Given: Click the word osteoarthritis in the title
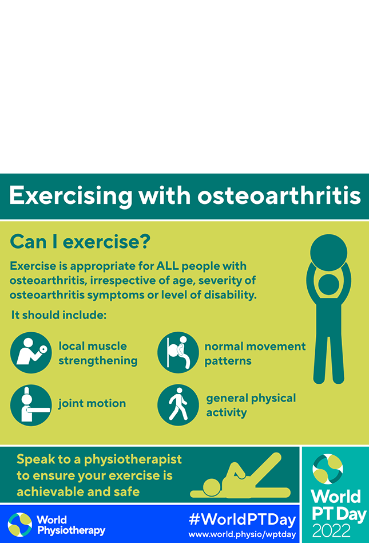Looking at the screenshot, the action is [x=279, y=195].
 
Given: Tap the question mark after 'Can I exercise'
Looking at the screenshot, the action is [x=145, y=241].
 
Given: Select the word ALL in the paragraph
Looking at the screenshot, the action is [x=168, y=266].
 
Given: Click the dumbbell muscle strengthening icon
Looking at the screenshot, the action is [x=31, y=352].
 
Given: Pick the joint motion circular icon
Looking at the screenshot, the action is [x=31, y=405].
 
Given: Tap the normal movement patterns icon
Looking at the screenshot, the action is [x=178, y=352].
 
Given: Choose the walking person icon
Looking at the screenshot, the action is [x=178, y=405].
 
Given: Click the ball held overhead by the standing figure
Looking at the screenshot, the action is [x=328, y=253].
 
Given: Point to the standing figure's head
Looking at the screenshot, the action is [x=328, y=285].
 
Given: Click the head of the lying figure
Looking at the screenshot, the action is [x=212, y=487].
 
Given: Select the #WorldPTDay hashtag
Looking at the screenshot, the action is [x=243, y=520].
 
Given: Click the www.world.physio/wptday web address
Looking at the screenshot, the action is [x=242, y=534].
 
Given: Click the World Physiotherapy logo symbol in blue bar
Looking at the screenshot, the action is [x=19, y=525].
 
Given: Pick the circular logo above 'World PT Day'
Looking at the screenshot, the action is [x=327, y=469].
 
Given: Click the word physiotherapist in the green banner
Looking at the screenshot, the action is [x=133, y=459].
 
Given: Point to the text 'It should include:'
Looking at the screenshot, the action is [x=59, y=315].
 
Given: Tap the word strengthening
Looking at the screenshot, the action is [x=98, y=361].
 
